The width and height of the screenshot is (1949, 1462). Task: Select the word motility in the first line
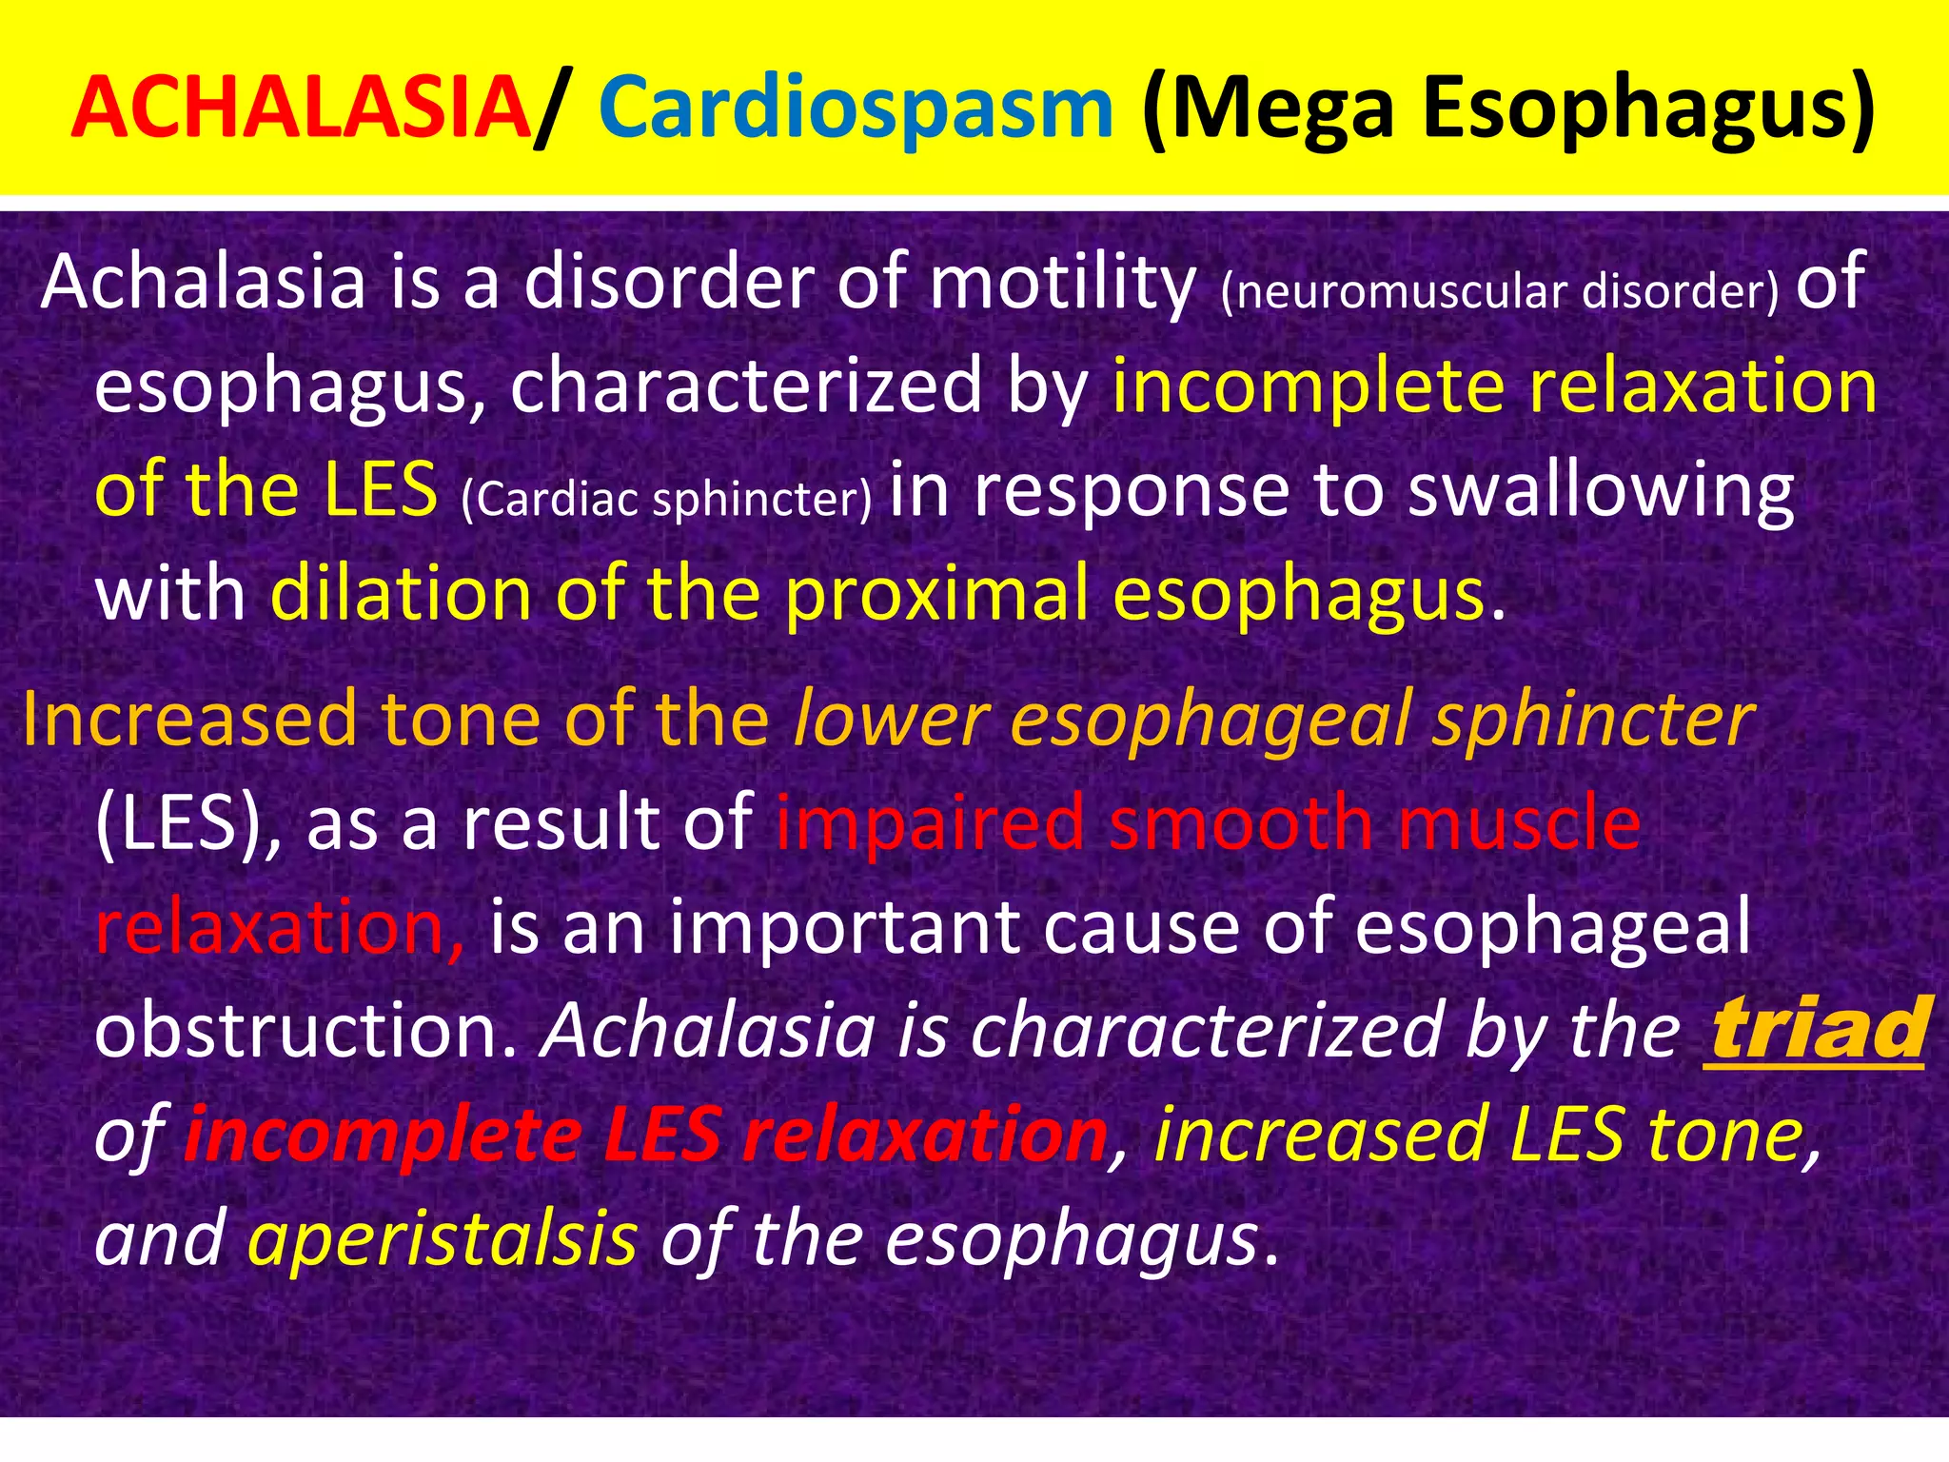point(1060,283)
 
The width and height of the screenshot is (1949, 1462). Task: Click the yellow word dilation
point(400,594)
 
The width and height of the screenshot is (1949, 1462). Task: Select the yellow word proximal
point(936,594)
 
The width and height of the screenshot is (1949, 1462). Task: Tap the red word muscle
point(1519,822)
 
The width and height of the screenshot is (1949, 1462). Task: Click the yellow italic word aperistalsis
point(443,1238)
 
